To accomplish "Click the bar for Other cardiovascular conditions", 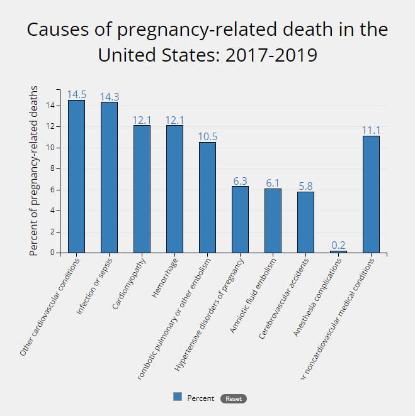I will coord(76,176).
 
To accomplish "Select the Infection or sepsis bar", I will coord(109,177).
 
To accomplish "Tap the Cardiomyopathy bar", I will coord(142,189).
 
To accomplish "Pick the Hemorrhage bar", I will coord(174,189).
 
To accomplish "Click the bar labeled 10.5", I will coord(207,197).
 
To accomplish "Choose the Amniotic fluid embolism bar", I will coord(273,221).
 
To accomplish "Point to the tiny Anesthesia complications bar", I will coord(338,251).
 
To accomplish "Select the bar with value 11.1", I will coord(371,194).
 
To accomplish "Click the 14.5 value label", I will coord(76,94).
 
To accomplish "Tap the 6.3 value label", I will coord(240,181).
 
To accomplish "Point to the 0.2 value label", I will coord(338,245).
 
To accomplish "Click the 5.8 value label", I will coord(305,186).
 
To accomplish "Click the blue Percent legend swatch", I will coord(178,397).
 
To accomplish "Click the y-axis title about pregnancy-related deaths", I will coord(34,171).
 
